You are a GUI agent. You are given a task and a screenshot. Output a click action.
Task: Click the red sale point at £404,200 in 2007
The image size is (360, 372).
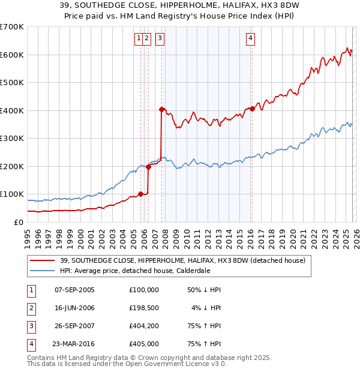tap(161, 109)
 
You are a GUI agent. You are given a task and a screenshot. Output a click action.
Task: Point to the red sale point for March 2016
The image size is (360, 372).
tap(252, 109)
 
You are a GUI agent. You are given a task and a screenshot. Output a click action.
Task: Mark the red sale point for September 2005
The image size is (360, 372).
tap(140, 194)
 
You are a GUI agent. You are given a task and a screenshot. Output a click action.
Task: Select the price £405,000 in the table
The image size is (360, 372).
tap(143, 344)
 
